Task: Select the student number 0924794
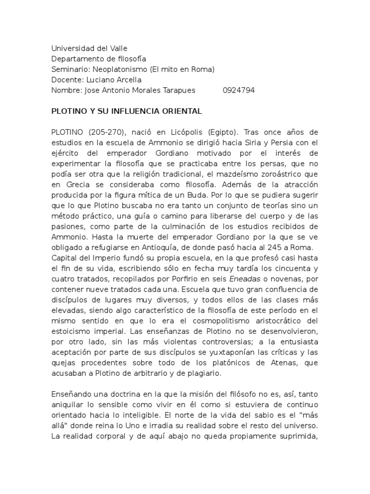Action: point(239,90)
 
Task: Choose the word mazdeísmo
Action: point(241,174)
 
